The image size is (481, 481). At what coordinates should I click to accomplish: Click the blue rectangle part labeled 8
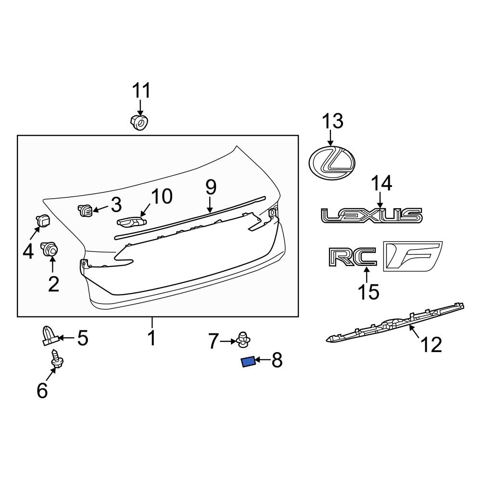(248, 362)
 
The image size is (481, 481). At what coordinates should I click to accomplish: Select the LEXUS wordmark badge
(372, 215)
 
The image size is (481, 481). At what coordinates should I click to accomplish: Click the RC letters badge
(353, 257)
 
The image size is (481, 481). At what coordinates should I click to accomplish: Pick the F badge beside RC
(412, 255)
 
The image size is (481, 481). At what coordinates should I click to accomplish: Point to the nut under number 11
(139, 123)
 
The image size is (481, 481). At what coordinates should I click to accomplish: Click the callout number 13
(332, 121)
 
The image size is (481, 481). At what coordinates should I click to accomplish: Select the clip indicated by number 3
(85, 210)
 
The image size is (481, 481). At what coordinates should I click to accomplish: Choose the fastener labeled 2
(50, 249)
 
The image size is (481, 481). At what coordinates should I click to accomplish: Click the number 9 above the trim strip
(211, 188)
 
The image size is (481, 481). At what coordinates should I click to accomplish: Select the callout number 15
(368, 291)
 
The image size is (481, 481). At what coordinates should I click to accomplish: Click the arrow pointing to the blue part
(263, 360)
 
